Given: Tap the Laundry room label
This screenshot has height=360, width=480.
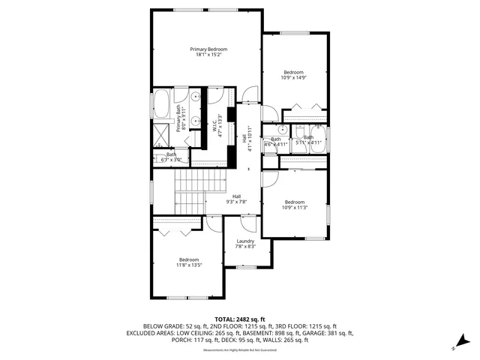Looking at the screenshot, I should coord(245,241).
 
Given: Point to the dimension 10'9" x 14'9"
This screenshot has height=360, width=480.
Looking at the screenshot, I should coord(293,77).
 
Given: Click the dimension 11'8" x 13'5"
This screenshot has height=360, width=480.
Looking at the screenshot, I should coord(189,265).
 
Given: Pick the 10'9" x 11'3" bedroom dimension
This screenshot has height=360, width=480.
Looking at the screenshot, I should coord(294,206).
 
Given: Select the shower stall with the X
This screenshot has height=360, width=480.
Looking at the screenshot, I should coord(161,136).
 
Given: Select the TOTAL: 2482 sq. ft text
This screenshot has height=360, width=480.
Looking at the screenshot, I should coord(239,319).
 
